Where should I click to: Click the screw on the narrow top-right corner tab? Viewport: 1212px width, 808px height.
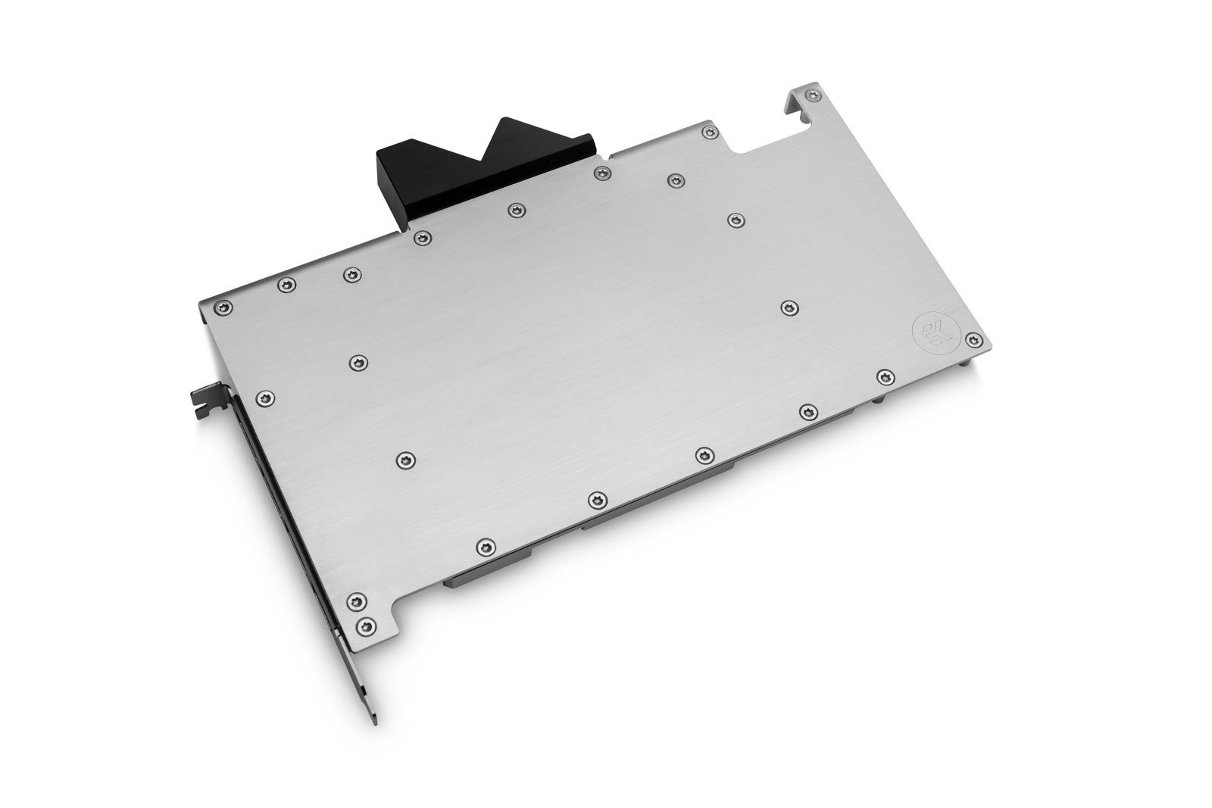click(x=814, y=95)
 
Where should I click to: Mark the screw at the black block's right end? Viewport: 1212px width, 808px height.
click(x=602, y=173)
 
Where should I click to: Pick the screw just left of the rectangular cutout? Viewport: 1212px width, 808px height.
click(x=710, y=133)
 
